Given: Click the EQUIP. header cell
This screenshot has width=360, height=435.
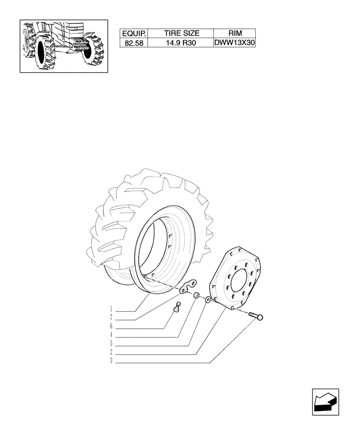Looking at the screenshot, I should tap(135, 33).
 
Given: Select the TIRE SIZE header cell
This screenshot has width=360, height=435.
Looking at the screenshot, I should tap(181, 33).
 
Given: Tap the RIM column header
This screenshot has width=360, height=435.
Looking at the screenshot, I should tap(235, 33).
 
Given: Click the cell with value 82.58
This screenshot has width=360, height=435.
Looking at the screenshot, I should tap(135, 43).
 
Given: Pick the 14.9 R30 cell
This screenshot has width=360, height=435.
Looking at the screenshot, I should tap(181, 43).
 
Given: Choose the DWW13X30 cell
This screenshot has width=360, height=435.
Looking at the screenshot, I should tap(235, 43).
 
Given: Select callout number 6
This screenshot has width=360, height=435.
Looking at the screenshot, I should tap(111, 326).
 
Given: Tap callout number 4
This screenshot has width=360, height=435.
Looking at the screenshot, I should tap(111, 335).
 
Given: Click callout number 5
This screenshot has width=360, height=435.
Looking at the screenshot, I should tap(111, 343).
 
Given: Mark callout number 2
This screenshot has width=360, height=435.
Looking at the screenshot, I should tap(111, 352).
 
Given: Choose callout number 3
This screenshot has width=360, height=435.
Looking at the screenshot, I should tap(111, 361).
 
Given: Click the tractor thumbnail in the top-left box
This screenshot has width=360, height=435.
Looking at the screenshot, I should tap(64, 46).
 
